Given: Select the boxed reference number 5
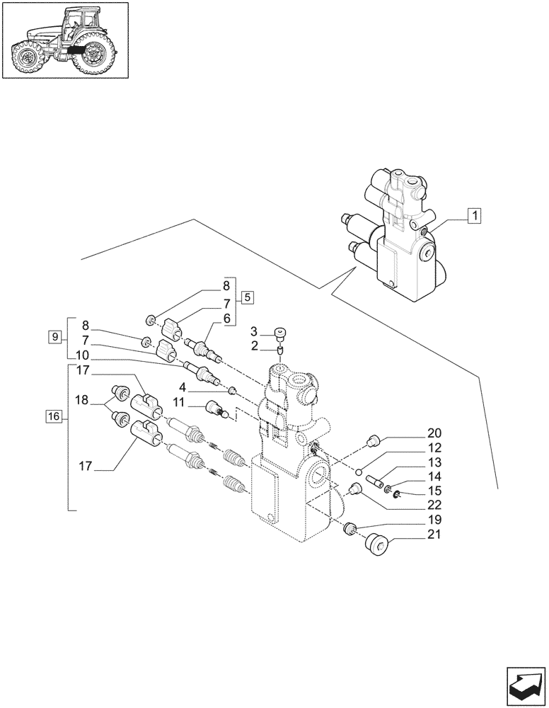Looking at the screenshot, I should pos(248,297).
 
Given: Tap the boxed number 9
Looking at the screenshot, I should pos(54,336).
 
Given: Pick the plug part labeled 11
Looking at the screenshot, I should pos(215,409).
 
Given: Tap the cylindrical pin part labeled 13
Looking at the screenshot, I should pos(374,481).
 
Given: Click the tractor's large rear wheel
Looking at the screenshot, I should pos(93,56).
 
